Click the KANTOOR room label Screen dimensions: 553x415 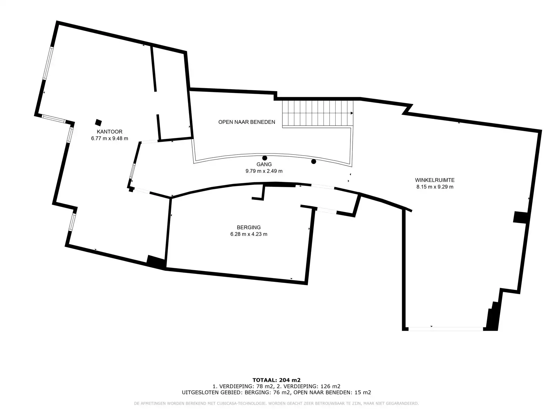coord(110,131)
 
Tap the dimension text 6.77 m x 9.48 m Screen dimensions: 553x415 coord(110,138)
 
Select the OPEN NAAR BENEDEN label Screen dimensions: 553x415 coord(247,122)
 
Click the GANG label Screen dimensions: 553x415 coord(264,164)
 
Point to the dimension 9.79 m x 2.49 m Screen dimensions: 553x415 coord(264,171)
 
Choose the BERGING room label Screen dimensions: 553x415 coord(249,227)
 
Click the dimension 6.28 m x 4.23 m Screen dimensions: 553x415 coord(249,234)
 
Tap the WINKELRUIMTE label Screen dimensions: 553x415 coord(435,180)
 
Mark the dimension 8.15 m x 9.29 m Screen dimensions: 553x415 coord(435,187)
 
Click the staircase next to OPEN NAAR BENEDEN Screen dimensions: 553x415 coord(317,113)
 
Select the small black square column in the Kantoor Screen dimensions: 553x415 coord(98,123)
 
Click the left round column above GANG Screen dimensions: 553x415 coord(264,158)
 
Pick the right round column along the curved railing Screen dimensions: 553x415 coord(313,162)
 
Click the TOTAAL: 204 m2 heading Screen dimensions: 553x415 coord(276,380)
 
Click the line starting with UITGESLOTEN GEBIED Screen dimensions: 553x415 coord(276,392)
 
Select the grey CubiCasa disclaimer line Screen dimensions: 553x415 coord(276,404)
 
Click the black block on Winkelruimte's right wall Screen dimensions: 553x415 coord(521,217)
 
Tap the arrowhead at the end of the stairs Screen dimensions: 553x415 coord(352,113)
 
